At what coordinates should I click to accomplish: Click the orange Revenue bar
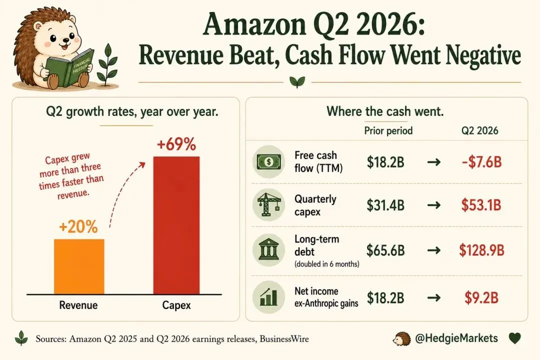(x=79, y=266)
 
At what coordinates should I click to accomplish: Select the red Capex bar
(x=176, y=225)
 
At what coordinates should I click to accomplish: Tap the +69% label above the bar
(x=176, y=144)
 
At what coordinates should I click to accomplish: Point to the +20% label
(x=78, y=226)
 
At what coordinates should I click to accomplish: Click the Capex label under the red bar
(x=176, y=305)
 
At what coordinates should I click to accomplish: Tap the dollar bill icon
(x=268, y=161)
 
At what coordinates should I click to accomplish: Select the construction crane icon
(x=268, y=204)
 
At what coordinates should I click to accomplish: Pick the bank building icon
(x=268, y=249)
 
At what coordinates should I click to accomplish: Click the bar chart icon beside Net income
(x=268, y=297)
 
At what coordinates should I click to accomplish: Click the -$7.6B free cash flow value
(x=482, y=162)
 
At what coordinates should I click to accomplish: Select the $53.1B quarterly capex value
(x=481, y=205)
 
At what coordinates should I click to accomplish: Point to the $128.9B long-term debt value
(x=481, y=250)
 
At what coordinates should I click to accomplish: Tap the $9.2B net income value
(x=481, y=297)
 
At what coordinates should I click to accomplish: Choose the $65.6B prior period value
(x=385, y=250)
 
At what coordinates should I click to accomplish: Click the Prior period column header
(x=388, y=130)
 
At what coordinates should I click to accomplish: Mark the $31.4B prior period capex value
(x=385, y=205)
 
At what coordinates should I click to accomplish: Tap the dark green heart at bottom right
(x=515, y=338)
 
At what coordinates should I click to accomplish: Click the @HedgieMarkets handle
(x=456, y=338)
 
